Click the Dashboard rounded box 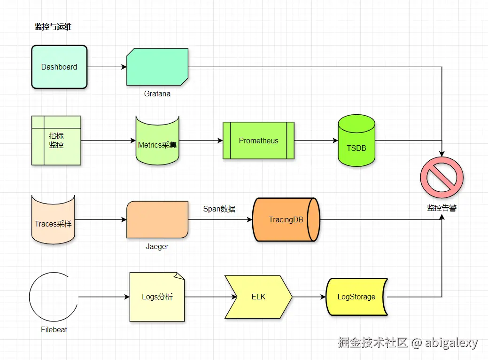[x=59, y=67]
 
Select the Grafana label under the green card [x=157, y=94]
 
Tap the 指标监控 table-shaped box [x=56, y=141]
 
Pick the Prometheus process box [x=258, y=141]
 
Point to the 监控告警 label [x=442, y=208]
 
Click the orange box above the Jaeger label [x=157, y=219]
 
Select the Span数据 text [x=219, y=209]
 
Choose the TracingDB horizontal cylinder [x=286, y=219]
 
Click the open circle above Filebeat [x=53, y=297]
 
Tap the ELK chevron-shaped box [x=258, y=297]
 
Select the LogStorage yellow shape [x=356, y=297]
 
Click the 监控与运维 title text [x=53, y=27]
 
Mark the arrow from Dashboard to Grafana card [x=107, y=67]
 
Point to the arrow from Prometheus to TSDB [x=316, y=141]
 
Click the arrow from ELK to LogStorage [x=309, y=297]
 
